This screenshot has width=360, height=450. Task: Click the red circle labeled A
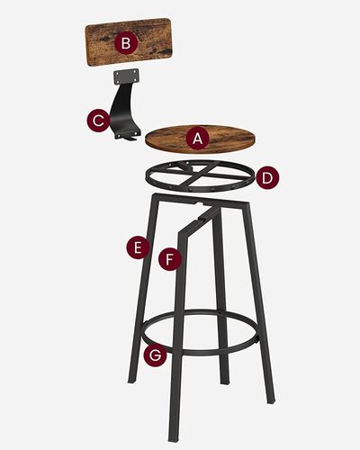(197, 138)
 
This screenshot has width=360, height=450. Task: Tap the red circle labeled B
(126, 43)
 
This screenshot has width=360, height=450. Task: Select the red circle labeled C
(98, 121)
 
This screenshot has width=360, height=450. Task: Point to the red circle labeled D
(267, 178)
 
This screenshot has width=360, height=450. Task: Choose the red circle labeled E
(138, 248)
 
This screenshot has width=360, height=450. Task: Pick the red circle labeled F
(170, 259)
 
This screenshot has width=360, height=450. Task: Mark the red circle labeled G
(155, 355)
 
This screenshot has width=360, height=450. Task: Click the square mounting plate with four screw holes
(126, 75)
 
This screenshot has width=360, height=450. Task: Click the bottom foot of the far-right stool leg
(270, 398)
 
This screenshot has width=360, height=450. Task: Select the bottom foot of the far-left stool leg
(132, 380)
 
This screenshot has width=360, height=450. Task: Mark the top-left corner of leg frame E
(154, 195)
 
